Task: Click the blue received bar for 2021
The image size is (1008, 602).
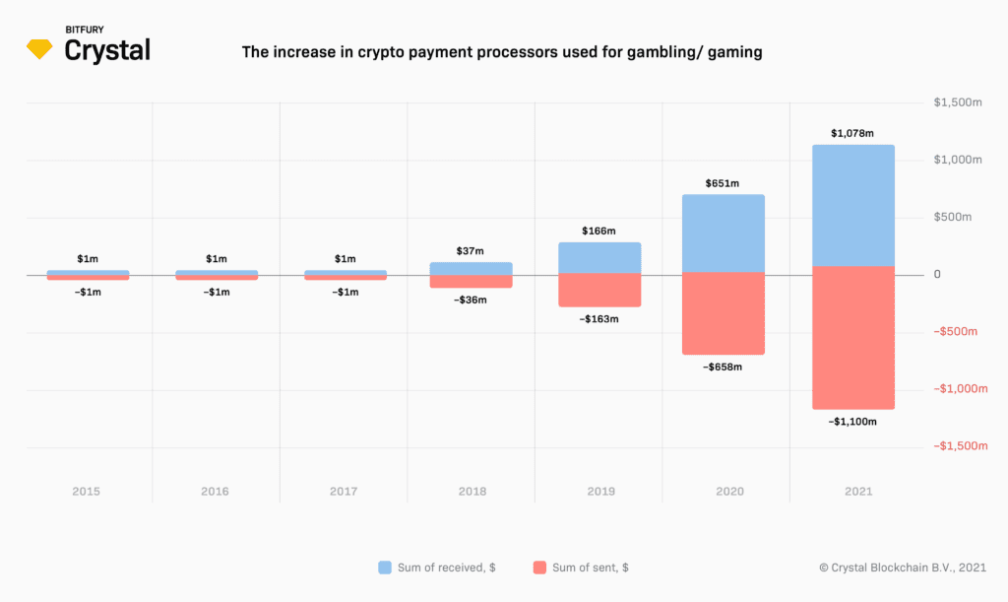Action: tap(853, 205)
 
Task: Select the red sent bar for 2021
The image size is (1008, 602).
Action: tap(853, 337)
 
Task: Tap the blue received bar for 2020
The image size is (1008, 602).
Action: tap(724, 233)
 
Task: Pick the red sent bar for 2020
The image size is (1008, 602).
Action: tap(724, 313)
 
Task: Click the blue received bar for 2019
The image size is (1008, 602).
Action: tap(599, 258)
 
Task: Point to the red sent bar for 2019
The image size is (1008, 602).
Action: tap(599, 291)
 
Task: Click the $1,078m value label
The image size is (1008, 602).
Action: tap(852, 133)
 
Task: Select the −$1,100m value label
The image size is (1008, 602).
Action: tap(852, 422)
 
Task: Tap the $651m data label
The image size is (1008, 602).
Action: tap(723, 183)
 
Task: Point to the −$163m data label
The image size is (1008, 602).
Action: tap(598, 319)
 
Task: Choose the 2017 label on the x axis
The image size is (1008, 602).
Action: tap(345, 491)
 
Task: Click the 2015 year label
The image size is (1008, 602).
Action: tap(87, 491)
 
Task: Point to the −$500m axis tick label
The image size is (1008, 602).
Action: tap(954, 332)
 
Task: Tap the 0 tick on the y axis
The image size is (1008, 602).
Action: tap(938, 274)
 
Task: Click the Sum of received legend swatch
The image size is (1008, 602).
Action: tap(386, 568)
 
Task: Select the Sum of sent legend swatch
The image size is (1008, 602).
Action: tap(539, 568)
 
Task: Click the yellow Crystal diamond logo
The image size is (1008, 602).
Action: tap(40, 48)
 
